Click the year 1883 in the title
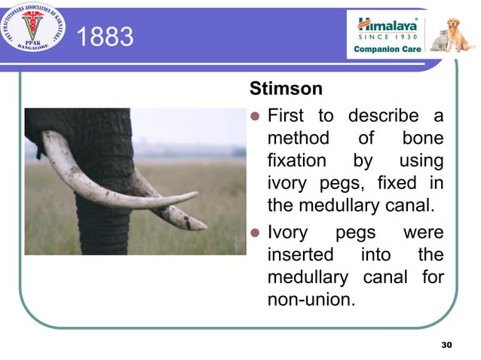coord(105,36)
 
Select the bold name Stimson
coord(286,89)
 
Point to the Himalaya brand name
coord(385,23)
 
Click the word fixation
coord(297,161)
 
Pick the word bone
coord(422,139)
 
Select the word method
coord(298,139)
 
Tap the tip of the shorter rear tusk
coord(204,225)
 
